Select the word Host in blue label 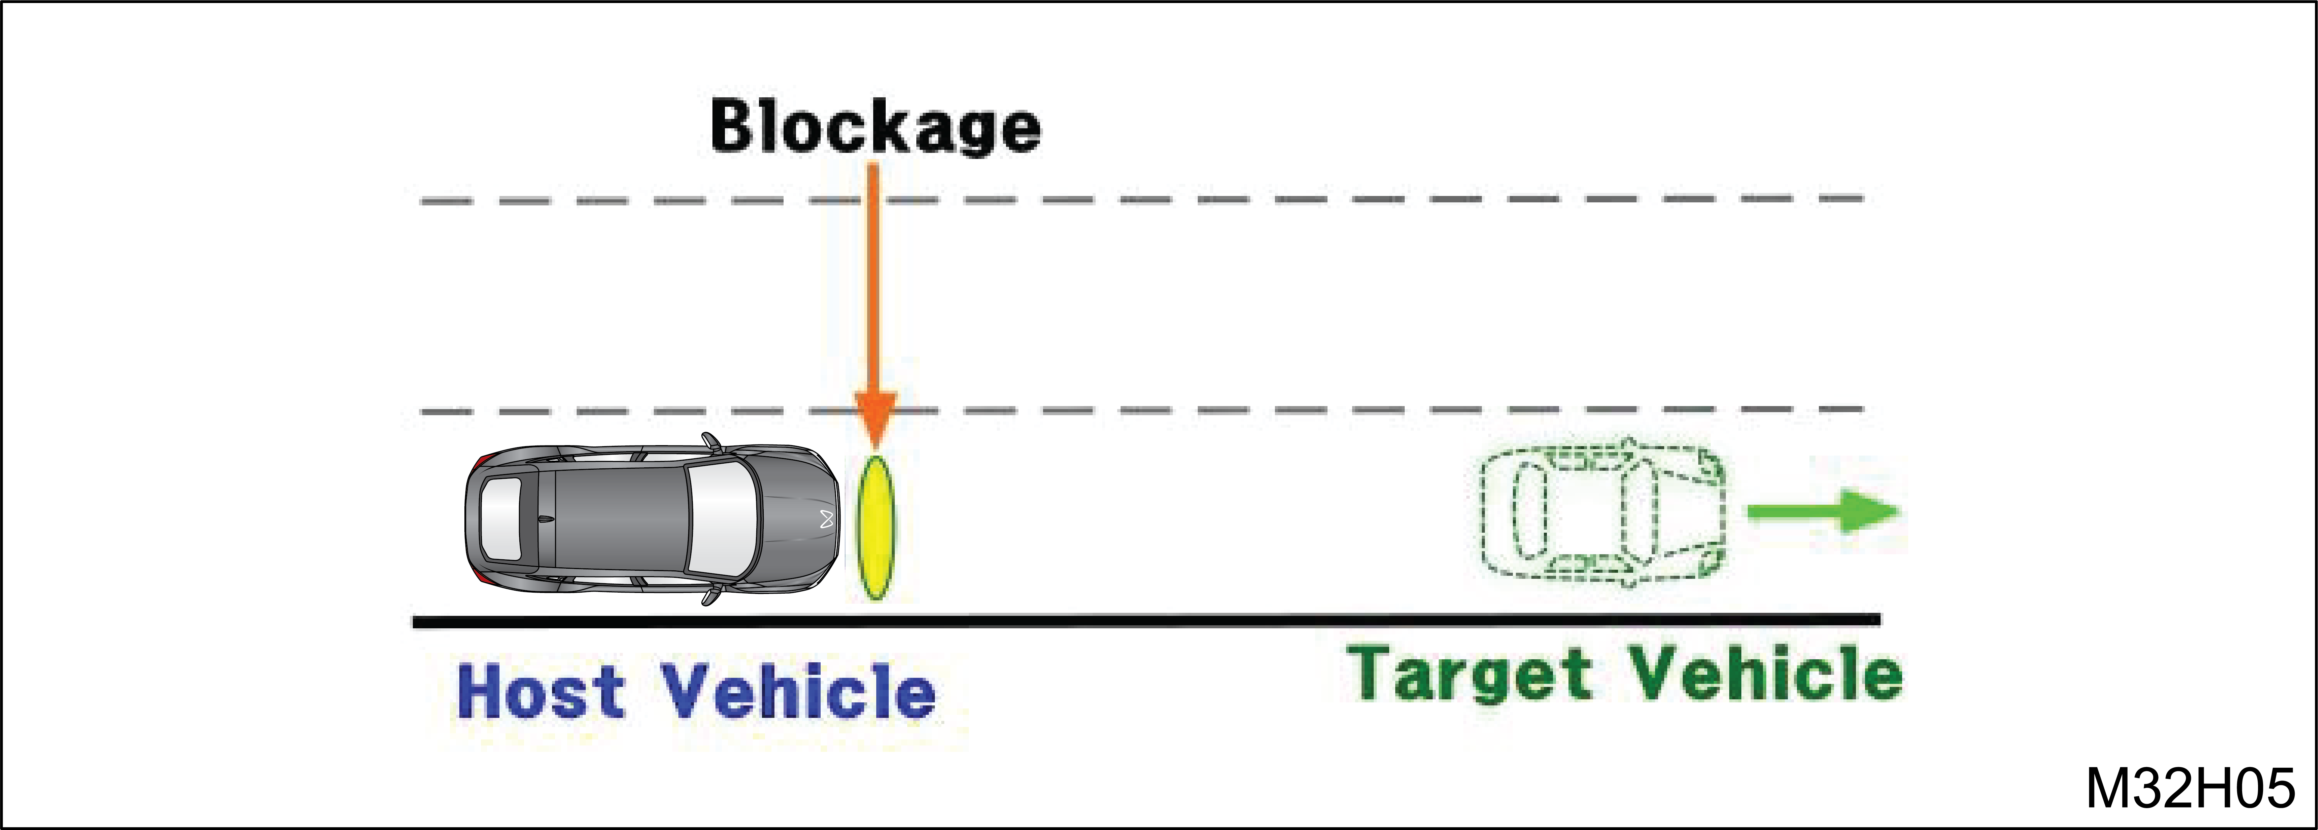tap(540, 692)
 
